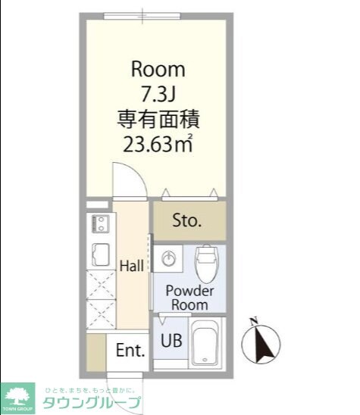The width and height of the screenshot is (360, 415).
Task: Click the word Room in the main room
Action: (158, 70)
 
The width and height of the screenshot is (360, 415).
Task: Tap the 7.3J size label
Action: (158, 95)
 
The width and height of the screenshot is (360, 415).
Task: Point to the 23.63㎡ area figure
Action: (158, 143)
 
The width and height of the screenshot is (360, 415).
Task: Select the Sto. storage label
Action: (186, 221)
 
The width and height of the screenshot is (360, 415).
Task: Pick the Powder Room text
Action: (190, 298)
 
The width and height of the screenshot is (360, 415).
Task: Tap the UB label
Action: (171, 340)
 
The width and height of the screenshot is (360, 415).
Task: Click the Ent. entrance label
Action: (130, 351)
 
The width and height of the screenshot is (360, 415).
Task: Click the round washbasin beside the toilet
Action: (171, 257)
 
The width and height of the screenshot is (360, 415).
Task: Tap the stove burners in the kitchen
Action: (99, 225)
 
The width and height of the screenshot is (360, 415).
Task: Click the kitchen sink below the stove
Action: (99, 254)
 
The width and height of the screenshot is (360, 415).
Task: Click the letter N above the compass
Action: (255, 319)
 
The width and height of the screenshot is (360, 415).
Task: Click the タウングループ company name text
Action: (92, 401)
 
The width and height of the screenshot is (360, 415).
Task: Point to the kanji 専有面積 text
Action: (158, 119)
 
